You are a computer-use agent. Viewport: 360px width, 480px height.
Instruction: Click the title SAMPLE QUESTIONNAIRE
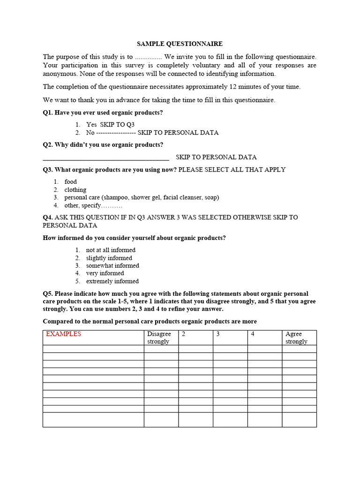180,44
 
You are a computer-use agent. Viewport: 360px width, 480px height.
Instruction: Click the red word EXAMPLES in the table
63,334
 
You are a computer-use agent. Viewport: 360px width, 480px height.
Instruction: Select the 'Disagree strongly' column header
159,337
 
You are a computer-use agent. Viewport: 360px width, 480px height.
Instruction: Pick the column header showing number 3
218,334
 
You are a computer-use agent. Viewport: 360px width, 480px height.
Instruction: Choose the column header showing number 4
253,334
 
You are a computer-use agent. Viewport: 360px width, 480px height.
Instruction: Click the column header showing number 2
183,334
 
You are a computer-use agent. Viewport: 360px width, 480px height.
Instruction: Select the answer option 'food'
70,181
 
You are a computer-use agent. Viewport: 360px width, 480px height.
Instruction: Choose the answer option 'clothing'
75,189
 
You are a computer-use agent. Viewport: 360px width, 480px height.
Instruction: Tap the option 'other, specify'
93,205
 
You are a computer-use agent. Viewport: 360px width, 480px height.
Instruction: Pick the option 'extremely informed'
112,281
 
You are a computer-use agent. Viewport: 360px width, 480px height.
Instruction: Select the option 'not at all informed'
111,250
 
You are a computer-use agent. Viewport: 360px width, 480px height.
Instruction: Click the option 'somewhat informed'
112,265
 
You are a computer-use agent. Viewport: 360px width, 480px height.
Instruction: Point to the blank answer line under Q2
105,158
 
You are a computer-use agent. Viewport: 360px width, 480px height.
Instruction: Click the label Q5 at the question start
48,293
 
